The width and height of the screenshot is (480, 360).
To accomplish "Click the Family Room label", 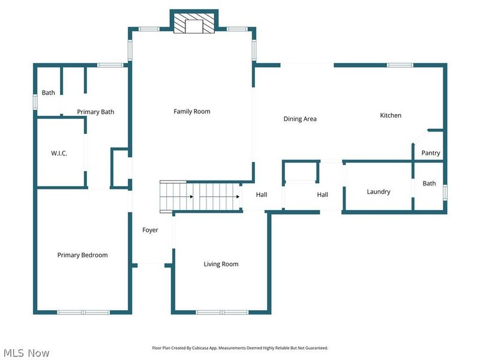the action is [192, 112].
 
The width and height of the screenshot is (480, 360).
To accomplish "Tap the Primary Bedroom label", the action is [83, 255].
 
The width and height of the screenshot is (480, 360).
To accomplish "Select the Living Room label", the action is [221, 264].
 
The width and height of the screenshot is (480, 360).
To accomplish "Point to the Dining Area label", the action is [300, 119].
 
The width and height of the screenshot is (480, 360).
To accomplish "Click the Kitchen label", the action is [391, 115].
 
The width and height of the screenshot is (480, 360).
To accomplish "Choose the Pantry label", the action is [431, 153].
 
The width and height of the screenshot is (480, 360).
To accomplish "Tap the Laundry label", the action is [379, 191].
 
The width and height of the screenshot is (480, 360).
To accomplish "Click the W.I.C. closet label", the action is [59, 153].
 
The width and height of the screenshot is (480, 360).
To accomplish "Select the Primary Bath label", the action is [95, 112].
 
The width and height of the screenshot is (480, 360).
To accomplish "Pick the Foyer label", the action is [151, 230].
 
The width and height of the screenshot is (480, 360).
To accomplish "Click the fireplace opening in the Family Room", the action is [194, 26].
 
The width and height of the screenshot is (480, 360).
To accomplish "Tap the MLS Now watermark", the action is [26, 353].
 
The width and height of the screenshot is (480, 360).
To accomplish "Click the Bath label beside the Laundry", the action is [429, 184].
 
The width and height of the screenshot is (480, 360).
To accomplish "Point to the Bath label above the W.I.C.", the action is [49, 93].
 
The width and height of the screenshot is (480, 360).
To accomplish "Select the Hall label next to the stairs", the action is [262, 194].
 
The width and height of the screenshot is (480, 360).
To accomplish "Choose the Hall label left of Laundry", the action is [323, 194].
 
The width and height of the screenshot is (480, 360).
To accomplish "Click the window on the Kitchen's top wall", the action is [400, 65].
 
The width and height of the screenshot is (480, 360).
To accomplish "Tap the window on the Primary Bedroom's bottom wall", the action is [83, 312].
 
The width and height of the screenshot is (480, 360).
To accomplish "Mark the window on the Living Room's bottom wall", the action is [222, 312].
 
